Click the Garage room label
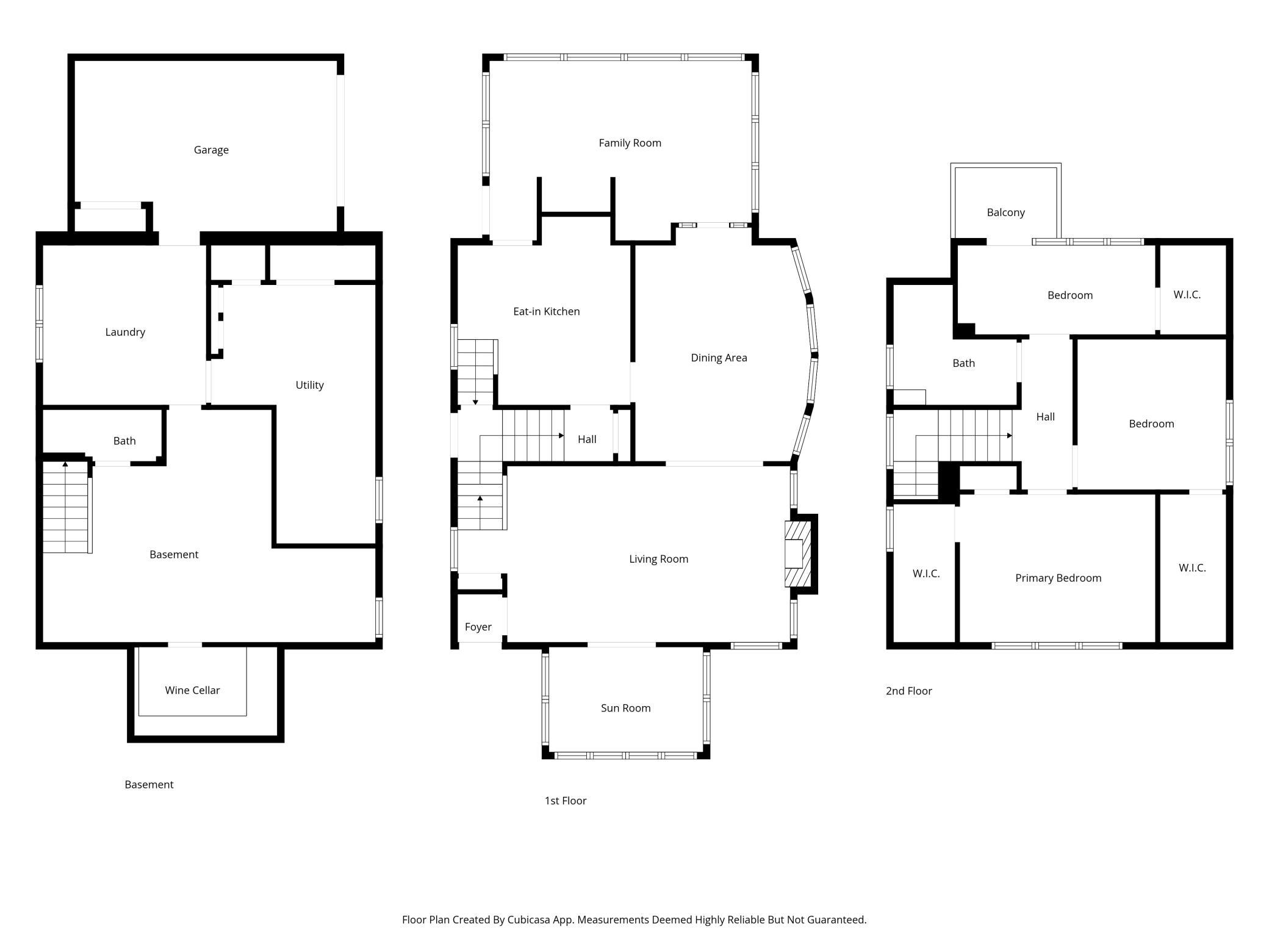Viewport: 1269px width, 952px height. (211, 150)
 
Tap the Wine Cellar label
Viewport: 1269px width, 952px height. (192, 690)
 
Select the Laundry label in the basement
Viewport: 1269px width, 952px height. (125, 332)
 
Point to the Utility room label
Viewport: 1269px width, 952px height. (309, 385)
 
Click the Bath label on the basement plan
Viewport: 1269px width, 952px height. (124, 441)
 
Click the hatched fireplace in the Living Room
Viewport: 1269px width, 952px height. (798, 554)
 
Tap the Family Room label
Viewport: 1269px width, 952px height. (630, 143)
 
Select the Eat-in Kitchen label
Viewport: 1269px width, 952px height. (546, 311)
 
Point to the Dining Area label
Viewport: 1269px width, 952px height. (719, 358)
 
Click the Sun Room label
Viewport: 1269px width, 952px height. (625, 708)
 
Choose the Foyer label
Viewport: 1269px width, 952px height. (478, 627)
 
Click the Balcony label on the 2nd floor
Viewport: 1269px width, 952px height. (1005, 212)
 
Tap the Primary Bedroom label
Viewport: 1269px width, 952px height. (1058, 578)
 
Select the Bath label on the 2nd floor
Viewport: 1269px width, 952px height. (963, 363)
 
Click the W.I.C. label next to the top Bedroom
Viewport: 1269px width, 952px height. (1187, 295)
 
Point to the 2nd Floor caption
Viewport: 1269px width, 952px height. (908, 691)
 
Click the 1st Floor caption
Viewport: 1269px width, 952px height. (565, 801)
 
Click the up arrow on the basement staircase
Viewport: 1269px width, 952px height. (65, 465)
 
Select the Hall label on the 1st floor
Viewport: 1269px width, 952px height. (587, 439)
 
